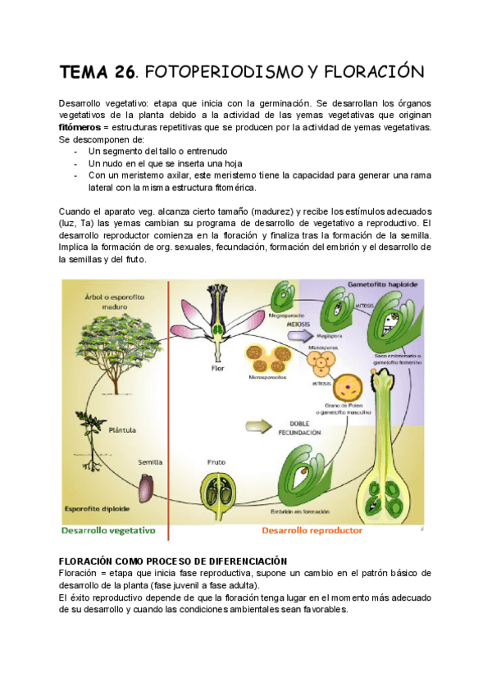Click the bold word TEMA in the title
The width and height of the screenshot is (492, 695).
tap(86, 72)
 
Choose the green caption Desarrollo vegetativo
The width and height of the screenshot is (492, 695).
tap(108, 530)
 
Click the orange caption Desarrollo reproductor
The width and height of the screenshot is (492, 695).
tap(297, 530)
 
